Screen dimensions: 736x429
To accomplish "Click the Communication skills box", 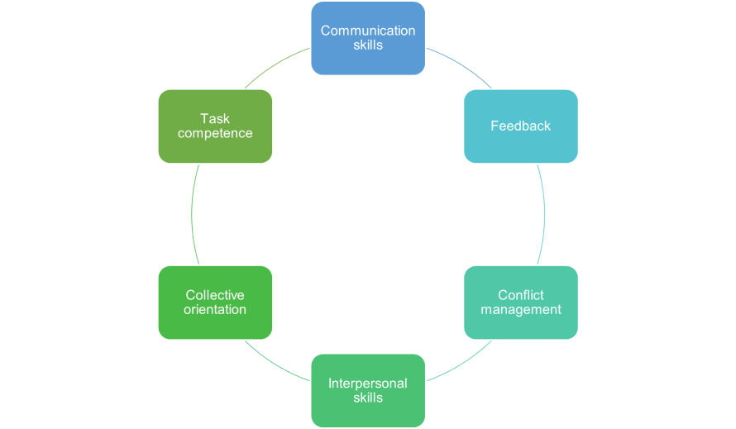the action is tap(368, 38).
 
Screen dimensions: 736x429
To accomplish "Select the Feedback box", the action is tap(521, 126).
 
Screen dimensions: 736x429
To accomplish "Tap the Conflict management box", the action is tap(521, 303).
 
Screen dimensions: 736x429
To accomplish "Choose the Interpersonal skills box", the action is tap(368, 390).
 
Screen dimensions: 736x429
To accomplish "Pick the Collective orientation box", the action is tap(216, 303).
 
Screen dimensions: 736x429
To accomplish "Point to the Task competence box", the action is tap(216, 126).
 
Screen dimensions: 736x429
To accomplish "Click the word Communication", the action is tap(368, 31).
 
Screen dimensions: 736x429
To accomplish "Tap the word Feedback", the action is tap(520, 126).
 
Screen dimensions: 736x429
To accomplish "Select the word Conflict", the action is tap(521, 295).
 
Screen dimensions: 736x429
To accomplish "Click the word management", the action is tap(521, 310).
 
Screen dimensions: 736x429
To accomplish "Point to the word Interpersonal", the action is tap(368, 384).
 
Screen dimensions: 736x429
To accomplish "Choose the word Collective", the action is tap(215, 295).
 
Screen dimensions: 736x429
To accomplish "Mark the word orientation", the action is tap(215, 309).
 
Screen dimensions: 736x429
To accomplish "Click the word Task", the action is tap(215, 118).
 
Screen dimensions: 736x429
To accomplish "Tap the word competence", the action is tap(215, 133).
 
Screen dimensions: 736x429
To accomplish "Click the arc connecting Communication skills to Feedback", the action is tap(461, 64).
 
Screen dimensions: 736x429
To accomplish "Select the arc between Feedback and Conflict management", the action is tap(544, 215).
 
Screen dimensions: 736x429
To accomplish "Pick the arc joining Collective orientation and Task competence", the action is tap(192, 215).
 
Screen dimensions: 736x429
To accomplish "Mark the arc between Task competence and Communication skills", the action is tap(275, 64).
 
